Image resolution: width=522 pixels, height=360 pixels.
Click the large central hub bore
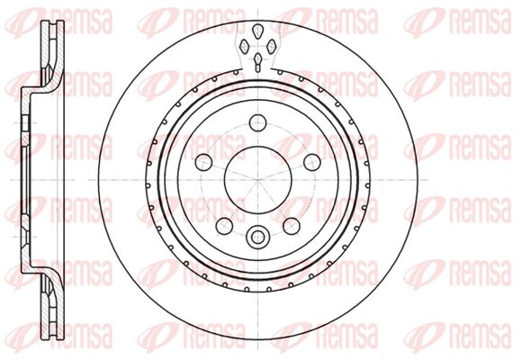point(258,180)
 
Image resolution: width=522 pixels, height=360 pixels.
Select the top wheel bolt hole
point(258,122)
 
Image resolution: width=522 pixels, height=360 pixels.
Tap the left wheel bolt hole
point(203,162)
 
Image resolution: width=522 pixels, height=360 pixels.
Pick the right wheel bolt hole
point(312,162)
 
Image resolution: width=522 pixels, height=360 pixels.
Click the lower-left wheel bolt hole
point(224,226)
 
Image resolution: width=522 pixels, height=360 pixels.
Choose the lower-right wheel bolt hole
point(292,226)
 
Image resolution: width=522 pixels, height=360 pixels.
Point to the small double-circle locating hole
point(257,237)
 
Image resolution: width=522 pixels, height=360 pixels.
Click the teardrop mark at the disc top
point(257,31)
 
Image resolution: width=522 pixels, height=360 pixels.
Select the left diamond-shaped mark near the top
point(245,46)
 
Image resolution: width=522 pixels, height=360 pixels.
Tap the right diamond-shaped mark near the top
point(272,46)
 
